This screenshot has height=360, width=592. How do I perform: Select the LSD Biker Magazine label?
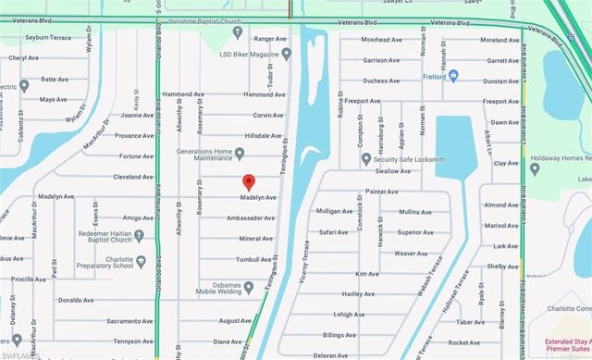click(244, 53)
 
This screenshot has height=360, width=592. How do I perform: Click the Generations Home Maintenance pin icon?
click(239, 153)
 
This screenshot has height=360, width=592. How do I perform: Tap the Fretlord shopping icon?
click(427, 77)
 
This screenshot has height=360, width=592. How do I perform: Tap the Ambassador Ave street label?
click(250, 218)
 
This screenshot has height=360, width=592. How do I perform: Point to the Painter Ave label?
click(381, 192)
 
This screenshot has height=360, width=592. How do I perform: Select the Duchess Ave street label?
click(381, 81)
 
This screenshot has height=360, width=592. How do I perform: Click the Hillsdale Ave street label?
click(250, 135)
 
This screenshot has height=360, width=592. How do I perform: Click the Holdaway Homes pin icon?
click(534, 168)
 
